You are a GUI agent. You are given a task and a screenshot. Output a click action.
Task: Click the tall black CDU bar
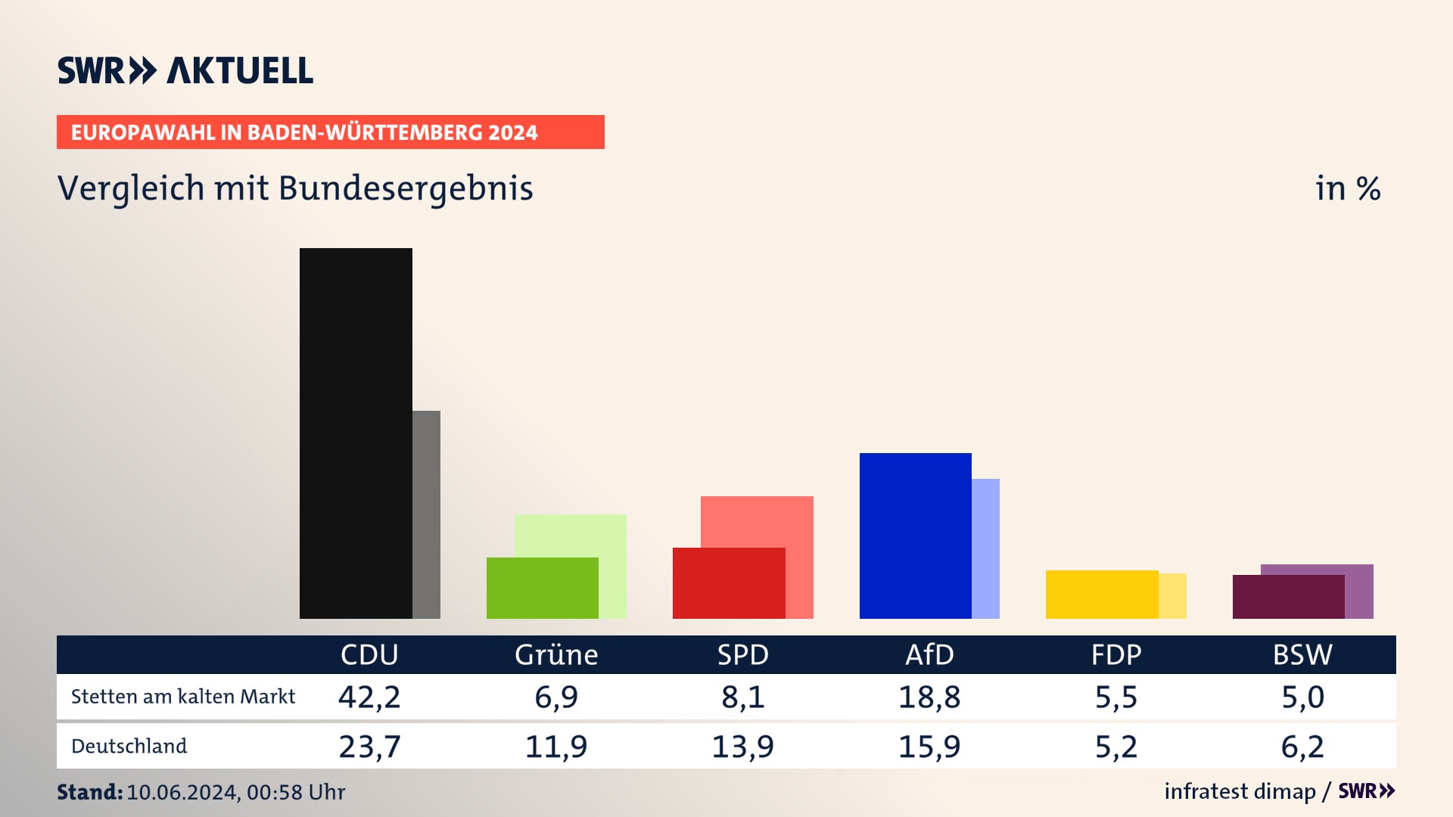click(x=356, y=433)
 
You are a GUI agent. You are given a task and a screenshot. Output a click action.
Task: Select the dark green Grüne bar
click(x=542, y=588)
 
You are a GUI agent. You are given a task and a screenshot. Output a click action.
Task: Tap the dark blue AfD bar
click(x=915, y=536)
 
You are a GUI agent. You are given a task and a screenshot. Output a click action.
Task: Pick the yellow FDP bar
click(x=1101, y=594)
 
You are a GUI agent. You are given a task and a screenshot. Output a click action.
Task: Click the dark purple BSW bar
click(x=1288, y=597)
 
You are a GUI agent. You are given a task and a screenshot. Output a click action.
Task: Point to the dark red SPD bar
click(x=728, y=583)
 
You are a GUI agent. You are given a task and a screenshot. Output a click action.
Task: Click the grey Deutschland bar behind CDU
click(x=427, y=514)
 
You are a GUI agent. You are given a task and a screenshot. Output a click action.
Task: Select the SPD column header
click(x=742, y=654)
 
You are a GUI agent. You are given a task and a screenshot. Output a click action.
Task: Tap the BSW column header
click(x=1302, y=654)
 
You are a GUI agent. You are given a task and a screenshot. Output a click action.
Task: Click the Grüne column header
click(x=556, y=654)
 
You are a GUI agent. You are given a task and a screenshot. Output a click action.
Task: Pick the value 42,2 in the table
click(x=369, y=697)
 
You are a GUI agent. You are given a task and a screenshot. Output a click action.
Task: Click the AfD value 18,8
click(x=929, y=697)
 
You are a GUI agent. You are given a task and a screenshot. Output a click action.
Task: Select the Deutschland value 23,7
click(x=369, y=747)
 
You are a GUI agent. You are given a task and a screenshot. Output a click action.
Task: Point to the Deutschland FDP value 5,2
click(x=1115, y=747)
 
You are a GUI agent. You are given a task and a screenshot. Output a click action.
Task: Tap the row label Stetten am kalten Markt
click(x=183, y=697)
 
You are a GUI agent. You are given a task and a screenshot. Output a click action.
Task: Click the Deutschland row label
click(x=129, y=747)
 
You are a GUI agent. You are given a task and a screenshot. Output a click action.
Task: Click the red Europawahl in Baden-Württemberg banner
click(x=330, y=132)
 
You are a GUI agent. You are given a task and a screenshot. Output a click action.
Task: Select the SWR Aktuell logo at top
click(x=185, y=70)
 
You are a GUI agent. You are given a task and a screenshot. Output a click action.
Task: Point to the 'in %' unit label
click(x=1348, y=189)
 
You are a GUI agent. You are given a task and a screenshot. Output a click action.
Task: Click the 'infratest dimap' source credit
click(x=1240, y=791)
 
